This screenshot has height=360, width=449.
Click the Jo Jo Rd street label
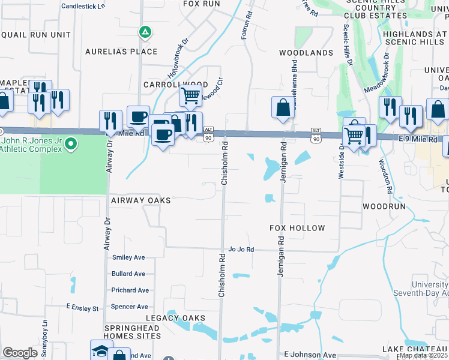pyautogui.click(x=241, y=249)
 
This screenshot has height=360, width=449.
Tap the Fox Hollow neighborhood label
pyautogui.click(x=297, y=228)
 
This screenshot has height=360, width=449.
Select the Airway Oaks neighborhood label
pyautogui.click(x=140, y=200)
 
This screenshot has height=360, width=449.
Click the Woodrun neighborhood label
pyautogui.click(x=384, y=206)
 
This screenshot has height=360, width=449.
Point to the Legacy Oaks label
pyautogui.click(x=175, y=317)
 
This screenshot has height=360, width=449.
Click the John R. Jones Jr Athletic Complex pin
pyautogui.click(x=71, y=144)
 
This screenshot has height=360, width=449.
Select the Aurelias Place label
pyautogui.click(x=121, y=52)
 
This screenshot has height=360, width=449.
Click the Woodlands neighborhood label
pyautogui.click(x=306, y=53)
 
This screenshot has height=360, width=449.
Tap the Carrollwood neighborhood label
pyautogui.click(x=175, y=85)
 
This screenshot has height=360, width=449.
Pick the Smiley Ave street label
pyautogui.click(x=128, y=257)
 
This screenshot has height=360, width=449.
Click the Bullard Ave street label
pyautogui.click(x=128, y=274)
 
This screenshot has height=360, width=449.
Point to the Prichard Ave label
pyautogui.click(x=130, y=290)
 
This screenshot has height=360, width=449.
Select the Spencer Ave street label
pyautogui.click(x=130, y=307)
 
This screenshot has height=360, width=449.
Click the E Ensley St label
pyautogui.click(x=82, y=308)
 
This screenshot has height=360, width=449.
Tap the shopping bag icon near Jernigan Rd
pyautogui.click(x=283, y=108)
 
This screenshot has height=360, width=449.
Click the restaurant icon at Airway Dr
pyautogui.click(x=109, y=121)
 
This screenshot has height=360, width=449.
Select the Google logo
pyautogui.click(x=20, y=353)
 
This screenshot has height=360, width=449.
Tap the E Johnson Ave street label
pyautogui.click(x=310, y=355)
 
